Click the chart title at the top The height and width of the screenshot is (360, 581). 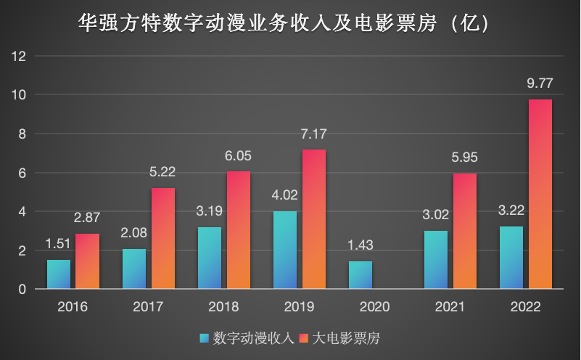[x=289, y=25]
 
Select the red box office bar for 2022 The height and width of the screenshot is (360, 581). [x=540, y=194]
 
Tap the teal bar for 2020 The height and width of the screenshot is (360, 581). [x=360, y=275]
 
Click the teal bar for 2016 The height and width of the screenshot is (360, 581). [x=59, y=274]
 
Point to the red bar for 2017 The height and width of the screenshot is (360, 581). [x=163, y=238]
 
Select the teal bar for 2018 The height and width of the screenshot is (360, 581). [x=210, y=258]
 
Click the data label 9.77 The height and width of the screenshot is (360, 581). [x=540, y=83]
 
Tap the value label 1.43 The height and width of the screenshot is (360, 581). [x=360, y=245]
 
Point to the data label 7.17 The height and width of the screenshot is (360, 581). [x=314, y=134]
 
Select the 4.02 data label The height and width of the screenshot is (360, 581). [x=285, y=195]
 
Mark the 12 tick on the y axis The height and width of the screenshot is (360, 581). [x=20, y=56]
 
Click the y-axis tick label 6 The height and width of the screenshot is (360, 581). [x=23, y=173]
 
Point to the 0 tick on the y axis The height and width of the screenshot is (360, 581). [x=23, y=290]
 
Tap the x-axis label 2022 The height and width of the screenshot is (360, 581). [x=525, y=307]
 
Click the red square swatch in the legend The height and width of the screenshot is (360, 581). [x=306, y=338]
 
